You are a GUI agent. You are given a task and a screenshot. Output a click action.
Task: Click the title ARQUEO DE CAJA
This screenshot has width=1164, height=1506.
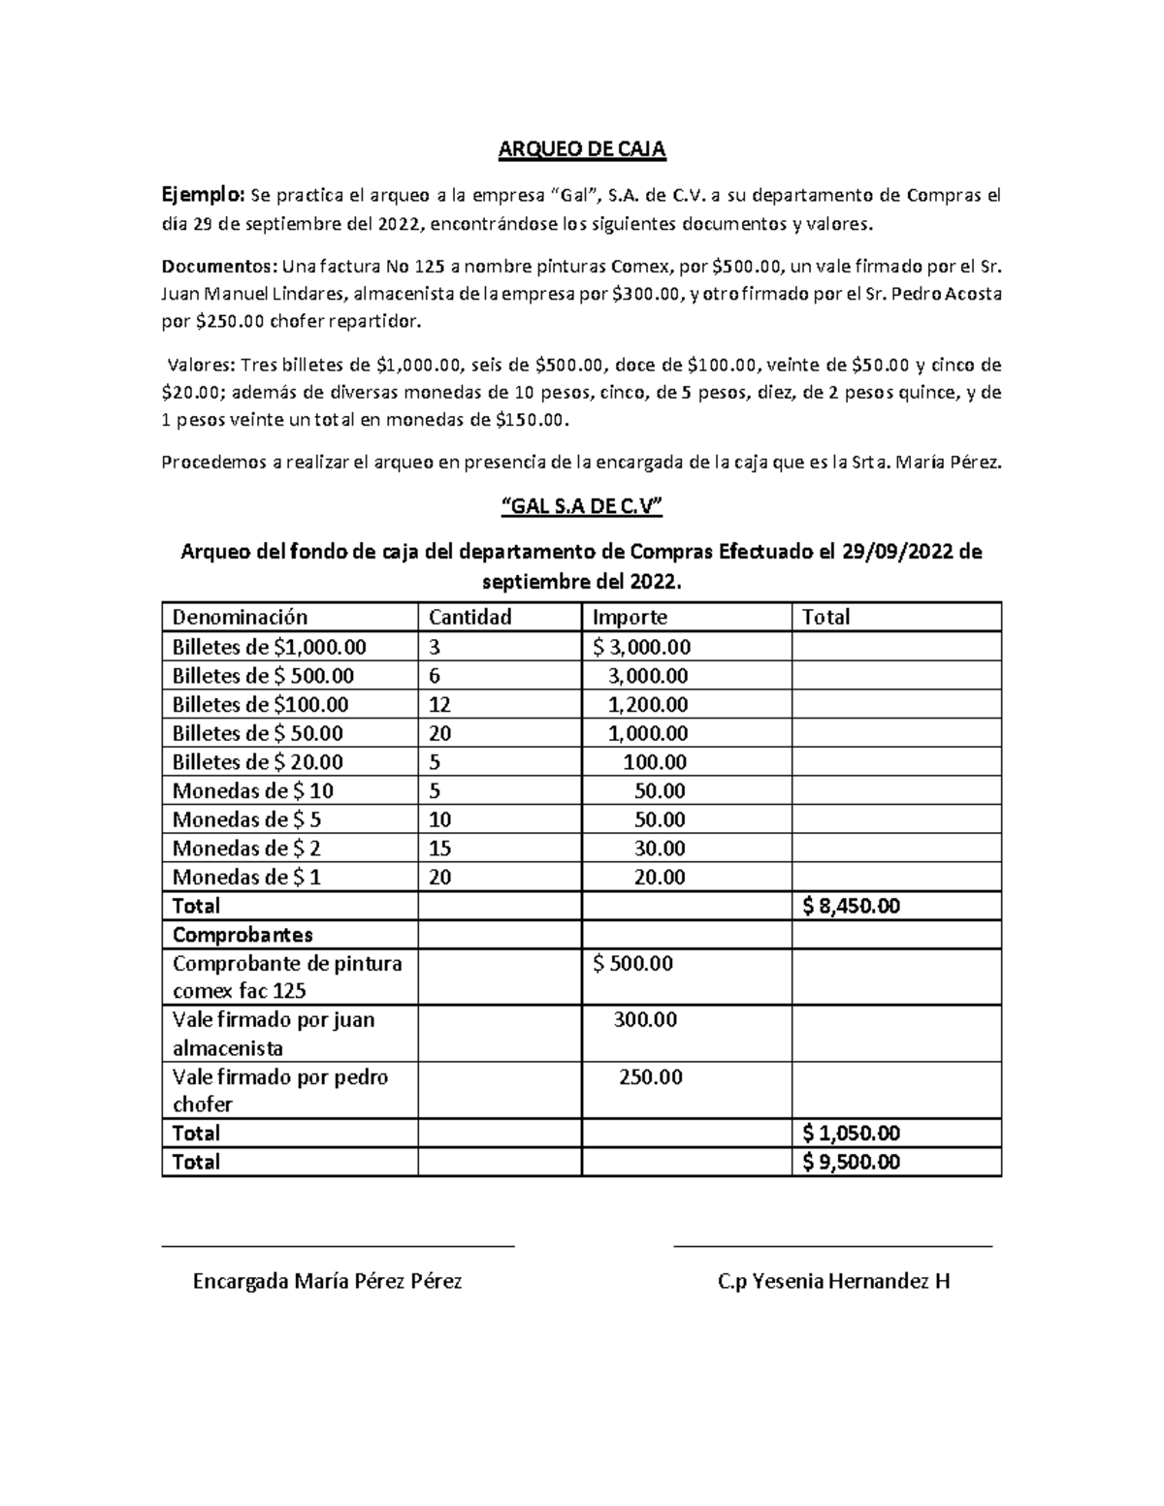pos(581,149)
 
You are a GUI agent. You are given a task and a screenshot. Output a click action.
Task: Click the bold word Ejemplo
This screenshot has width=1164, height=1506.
pos(204,196)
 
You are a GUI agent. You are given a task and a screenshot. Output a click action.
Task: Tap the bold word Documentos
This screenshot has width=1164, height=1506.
pos(218,266)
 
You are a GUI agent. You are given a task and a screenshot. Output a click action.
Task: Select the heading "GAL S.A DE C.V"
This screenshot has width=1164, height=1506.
pos(581,507)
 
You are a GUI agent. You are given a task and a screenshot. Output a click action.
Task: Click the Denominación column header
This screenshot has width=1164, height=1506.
pos(240,617)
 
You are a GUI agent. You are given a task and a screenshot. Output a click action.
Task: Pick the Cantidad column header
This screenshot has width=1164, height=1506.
pos(470,617)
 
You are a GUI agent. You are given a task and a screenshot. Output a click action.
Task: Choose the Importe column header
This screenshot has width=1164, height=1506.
pos(630,617)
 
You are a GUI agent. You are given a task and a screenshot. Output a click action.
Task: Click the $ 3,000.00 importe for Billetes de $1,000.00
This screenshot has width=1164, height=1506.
pos(642,647)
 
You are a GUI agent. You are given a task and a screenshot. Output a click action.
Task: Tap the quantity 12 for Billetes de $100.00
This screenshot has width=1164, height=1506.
pos(439,704)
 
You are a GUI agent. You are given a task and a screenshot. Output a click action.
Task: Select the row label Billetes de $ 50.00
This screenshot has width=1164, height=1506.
pos(257,733)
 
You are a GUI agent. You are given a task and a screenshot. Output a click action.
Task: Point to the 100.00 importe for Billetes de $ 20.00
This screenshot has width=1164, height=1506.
pos(654,762)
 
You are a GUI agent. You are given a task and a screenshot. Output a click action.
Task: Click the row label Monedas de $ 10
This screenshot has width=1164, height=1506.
pos(252,790)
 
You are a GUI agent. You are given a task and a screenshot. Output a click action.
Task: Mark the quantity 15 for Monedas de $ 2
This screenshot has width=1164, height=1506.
pos(439,849)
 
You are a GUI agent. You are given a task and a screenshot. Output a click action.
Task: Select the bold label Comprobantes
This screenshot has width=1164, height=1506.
pos(242,935)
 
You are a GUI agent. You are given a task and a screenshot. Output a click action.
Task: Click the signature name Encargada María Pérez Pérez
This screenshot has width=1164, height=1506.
pos(328,1281)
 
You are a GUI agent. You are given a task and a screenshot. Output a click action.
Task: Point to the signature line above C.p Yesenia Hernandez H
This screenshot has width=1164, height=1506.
pos(832,1245)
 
